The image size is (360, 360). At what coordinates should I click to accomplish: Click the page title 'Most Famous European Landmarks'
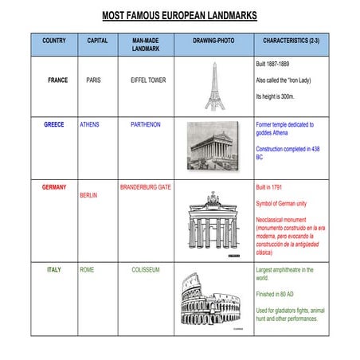(179, 16)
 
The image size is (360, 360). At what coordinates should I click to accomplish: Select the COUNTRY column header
(54, 40)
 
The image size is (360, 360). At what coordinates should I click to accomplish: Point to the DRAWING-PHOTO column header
(213, 40)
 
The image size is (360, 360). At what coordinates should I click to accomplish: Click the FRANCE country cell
(57, 80)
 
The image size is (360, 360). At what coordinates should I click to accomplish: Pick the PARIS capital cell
(93, 80)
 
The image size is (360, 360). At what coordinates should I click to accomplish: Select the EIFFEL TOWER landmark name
(148, 80)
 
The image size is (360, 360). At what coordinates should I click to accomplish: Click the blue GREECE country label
(55, 125)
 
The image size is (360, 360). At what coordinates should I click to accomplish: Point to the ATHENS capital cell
(90, 125)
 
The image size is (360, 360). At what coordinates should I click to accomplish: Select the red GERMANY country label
(54, 187)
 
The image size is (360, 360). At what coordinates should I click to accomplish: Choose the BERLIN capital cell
(88, 195)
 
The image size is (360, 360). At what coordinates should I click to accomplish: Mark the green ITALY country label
(54, 270)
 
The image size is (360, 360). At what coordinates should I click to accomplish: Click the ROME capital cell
(87, 270)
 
